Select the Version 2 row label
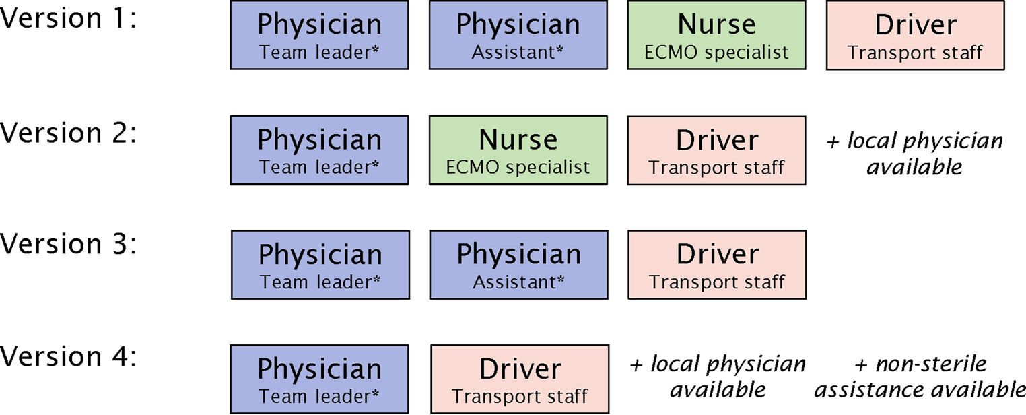click(x=67, y=133)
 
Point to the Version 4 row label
click(x=67, y=357)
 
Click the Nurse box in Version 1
click(x=717, y=35)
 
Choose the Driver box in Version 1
click(x=915, y=35)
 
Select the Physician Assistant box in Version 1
click(x=518, y=35)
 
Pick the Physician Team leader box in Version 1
click(x=319, y=35)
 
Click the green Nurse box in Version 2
click(x=518, y=150)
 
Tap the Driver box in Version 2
click(x=716, y=150)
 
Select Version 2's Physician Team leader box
click(x=319, y=150)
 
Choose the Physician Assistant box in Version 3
click(x=519, y=265)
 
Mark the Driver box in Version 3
click(x=717, y=265)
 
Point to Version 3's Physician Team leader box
click(x=320, y=265)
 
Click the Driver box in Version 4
click(x=520, y=379)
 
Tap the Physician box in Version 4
click(x=319, y=379)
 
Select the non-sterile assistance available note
click(x=920, y=377)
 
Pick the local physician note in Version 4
click(x=718, y=377)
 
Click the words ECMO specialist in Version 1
click(x=717, y=53)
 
